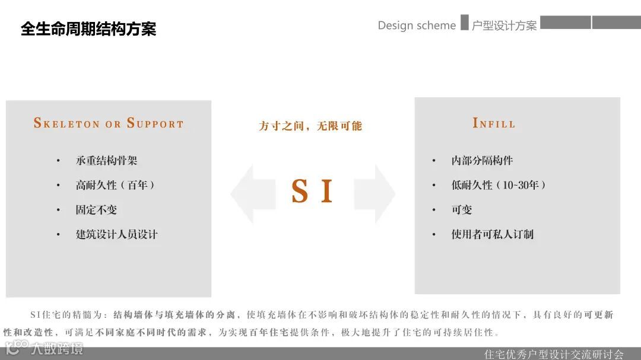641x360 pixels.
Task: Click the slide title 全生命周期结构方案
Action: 88,29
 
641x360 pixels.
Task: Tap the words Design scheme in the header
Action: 417,26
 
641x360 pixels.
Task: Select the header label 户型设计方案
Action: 504,26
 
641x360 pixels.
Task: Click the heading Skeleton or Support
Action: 109,123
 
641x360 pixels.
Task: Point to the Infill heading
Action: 494,123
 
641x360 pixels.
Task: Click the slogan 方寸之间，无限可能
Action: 310,126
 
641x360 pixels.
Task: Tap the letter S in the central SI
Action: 300,192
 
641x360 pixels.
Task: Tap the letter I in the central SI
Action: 326,192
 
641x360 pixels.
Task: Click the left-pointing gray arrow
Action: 252,194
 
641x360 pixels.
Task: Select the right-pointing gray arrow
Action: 376,194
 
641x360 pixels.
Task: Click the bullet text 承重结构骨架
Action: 107,161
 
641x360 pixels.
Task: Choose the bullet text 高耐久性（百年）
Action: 116,185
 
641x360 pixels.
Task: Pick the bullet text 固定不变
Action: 96,210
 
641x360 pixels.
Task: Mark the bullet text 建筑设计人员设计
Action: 117,234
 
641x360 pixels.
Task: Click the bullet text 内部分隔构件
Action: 482,161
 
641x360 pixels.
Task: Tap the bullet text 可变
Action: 462,210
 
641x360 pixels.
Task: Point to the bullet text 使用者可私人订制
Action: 493,234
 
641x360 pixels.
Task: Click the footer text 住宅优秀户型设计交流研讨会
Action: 554,354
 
